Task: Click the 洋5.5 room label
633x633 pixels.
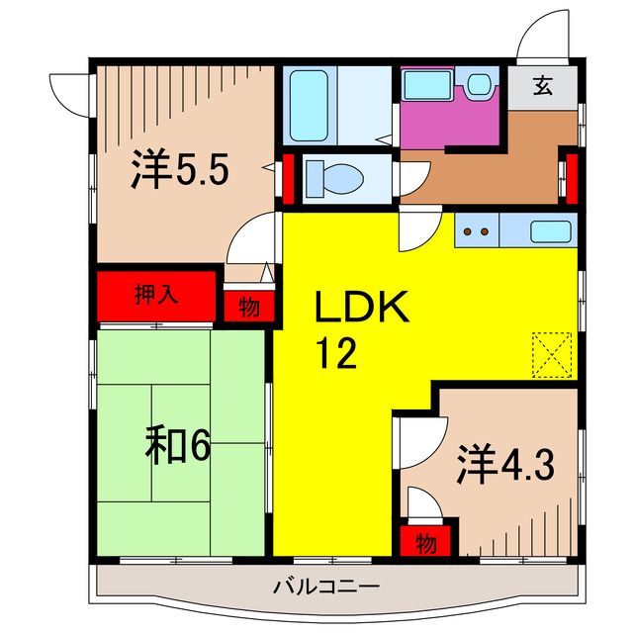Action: (x=181, y=171)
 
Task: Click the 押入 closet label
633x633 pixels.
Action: (x=156, y=295)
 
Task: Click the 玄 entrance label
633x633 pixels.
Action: (x=543, y=86)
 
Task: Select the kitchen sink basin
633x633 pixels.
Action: (x=549, y=234)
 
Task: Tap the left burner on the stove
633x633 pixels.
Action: (x=469, y=234)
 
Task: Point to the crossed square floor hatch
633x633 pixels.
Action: (x=552, y=353)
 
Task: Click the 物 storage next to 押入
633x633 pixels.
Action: (x=249, y=307)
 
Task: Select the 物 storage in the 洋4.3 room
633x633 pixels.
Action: (x=425, y=542)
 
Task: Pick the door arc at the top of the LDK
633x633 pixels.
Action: (x=416, y=232)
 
